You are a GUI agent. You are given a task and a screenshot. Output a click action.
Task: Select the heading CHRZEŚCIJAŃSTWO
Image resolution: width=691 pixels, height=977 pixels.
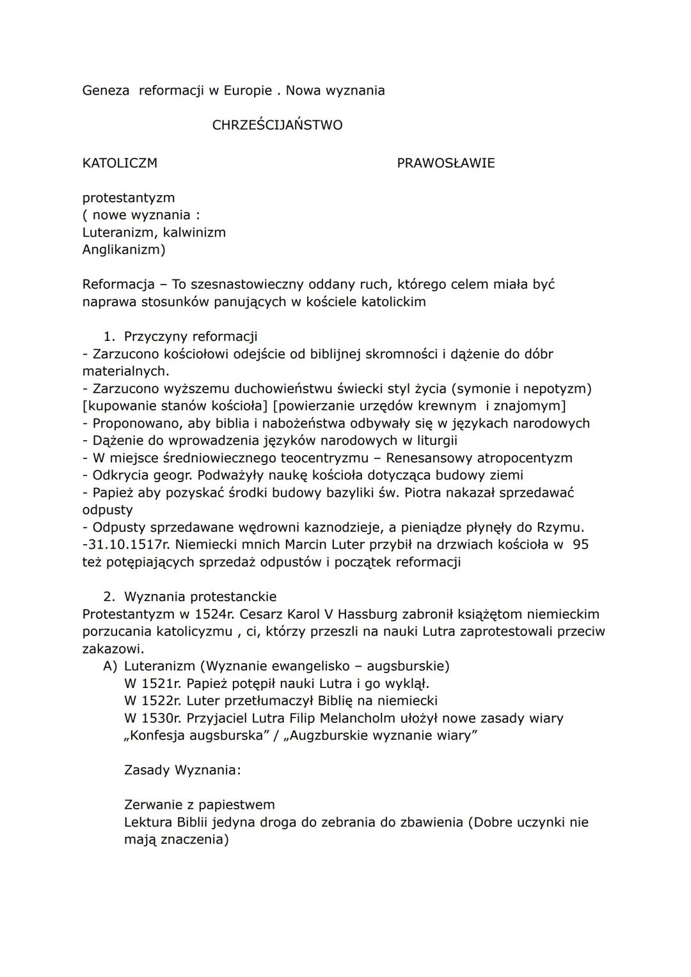click(277, 125)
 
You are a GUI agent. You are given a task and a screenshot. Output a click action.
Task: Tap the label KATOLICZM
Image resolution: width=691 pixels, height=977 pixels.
click(120, 163)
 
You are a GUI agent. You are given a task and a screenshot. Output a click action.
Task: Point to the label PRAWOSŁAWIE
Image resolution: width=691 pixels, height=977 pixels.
click(445, 163)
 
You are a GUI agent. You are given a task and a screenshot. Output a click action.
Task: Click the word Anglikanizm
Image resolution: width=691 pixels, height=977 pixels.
click(122, 250)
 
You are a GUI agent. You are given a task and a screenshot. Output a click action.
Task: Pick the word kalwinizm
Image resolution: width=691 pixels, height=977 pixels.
click(195, 233)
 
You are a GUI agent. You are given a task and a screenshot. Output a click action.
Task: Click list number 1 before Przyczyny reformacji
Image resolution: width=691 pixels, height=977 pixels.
click(109, 337)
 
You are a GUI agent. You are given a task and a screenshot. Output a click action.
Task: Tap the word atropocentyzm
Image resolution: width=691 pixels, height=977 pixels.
click(520, 458)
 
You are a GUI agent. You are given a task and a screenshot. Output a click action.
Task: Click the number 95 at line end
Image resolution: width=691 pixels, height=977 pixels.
click(580, 545)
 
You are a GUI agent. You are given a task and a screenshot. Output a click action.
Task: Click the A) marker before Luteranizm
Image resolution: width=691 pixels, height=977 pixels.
click(110, 666)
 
